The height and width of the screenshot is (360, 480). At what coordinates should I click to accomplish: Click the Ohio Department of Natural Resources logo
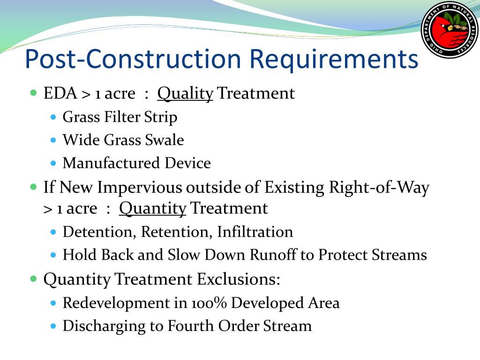(450, 30)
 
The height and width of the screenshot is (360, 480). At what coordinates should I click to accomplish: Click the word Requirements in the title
(334, 60)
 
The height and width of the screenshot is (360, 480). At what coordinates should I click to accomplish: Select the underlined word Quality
(185, 94)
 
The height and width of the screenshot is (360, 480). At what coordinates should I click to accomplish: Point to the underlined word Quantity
(152, 209)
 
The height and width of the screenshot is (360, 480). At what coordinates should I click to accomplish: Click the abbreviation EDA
(60, 93)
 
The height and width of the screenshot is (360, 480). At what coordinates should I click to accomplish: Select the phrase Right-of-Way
(379, 188)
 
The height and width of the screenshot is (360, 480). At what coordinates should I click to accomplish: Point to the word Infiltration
(255, 232)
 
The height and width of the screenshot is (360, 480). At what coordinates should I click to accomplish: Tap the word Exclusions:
(239, 279)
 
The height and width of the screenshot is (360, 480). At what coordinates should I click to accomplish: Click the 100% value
(209, 303)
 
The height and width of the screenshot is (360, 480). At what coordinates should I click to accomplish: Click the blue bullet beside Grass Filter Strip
(53, 117)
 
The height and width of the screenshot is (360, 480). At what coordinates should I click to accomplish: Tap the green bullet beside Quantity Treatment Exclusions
(34, 279)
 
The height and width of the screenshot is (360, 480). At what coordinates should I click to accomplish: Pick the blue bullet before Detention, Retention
(53, 232)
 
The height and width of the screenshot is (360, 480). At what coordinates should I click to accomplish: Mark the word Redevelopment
(116, 303)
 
